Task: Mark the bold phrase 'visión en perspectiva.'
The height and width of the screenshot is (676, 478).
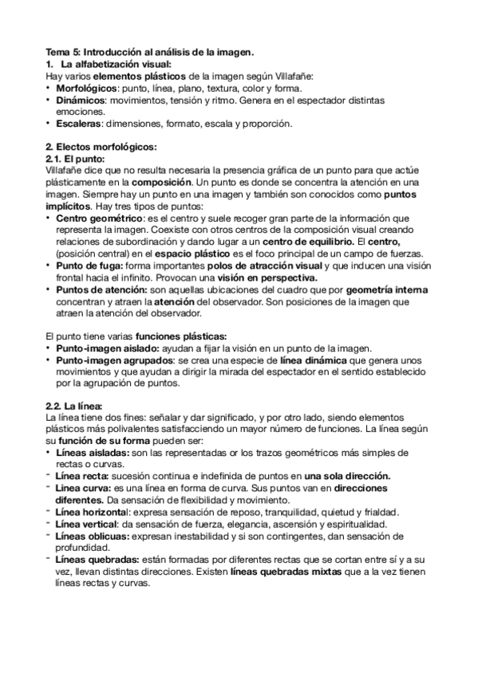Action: point(271,278)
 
